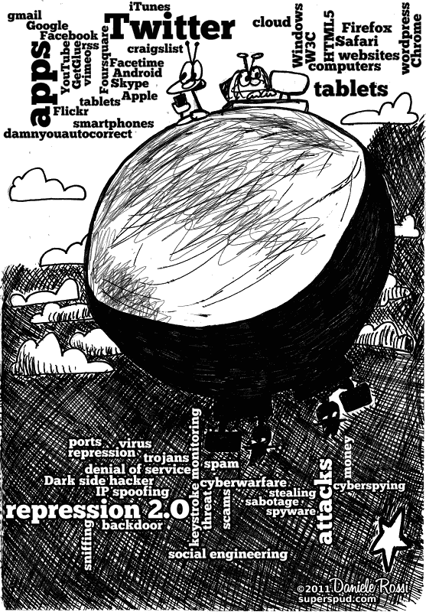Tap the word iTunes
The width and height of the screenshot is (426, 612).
coord(149,6)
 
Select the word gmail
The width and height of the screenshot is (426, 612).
coord(24,16)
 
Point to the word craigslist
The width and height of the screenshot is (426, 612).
coord(155,49)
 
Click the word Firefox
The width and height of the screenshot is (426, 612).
coord(366,28)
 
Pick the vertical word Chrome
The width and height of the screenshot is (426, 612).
coord(416,41)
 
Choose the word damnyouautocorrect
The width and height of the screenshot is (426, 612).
coord(68,134)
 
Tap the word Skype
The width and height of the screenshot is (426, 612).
coord(129,83)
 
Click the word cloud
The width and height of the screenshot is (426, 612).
coord(272,22)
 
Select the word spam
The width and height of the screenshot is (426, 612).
coord(221,464)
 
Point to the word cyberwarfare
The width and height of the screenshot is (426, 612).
coord(243,483)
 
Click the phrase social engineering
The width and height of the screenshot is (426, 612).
coord(228,554)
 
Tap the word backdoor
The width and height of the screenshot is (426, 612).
coord(132,525)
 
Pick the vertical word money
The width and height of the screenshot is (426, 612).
coord(347,457)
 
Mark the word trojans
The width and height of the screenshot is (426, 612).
coord(166,457)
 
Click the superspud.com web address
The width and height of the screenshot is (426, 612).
coord(337,599)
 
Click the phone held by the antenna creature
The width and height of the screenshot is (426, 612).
coord(179,102)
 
